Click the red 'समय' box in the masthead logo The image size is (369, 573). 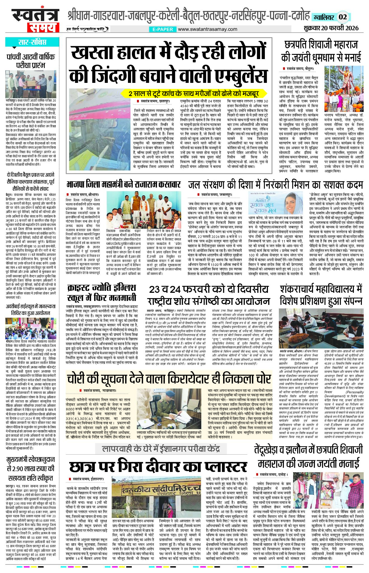(43, 27)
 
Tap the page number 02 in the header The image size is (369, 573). (343, 17)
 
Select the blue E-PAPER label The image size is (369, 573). (163, 29)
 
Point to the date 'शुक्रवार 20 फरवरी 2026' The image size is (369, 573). (331, 28)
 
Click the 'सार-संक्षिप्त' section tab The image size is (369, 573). (32, 43)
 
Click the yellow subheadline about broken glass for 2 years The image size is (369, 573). (194, 93)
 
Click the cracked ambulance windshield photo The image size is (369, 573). (100, 129)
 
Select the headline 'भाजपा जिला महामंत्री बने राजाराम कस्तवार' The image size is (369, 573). (123, 184)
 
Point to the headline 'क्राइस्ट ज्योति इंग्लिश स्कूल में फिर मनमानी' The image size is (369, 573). (102, 293)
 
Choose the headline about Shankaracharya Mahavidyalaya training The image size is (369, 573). (321, 295)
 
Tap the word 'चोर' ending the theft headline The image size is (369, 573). (261, 379)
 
